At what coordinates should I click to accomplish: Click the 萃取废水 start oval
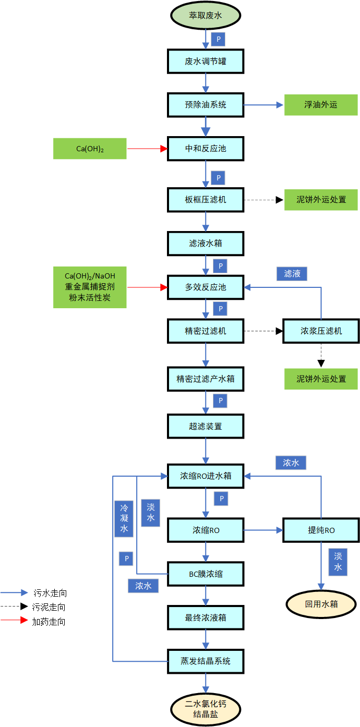(206, 16)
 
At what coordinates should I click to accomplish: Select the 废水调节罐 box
(206, 62)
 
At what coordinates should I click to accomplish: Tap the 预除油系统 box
(206, 105)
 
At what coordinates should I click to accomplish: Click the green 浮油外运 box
(321, 105)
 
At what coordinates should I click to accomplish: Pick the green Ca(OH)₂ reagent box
(90, 149)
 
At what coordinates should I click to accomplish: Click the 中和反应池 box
(206, 149)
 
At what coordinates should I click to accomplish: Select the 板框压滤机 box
(206, 200)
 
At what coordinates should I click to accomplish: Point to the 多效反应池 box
(206, 287)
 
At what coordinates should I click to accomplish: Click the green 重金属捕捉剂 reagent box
(90, 287)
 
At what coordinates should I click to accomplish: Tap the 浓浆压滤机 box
(321, 331)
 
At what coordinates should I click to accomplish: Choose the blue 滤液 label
(292, 274)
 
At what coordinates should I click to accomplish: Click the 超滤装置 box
(206, 426)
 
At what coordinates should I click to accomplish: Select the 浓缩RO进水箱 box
(206, 476)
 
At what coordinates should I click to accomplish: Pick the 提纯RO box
(321, 530)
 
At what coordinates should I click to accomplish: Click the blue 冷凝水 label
(124, 518)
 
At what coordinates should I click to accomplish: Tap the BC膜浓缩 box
(206, 574)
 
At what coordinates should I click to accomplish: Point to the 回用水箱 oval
(321, 604)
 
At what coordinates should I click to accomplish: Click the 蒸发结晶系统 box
(206, 661)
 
